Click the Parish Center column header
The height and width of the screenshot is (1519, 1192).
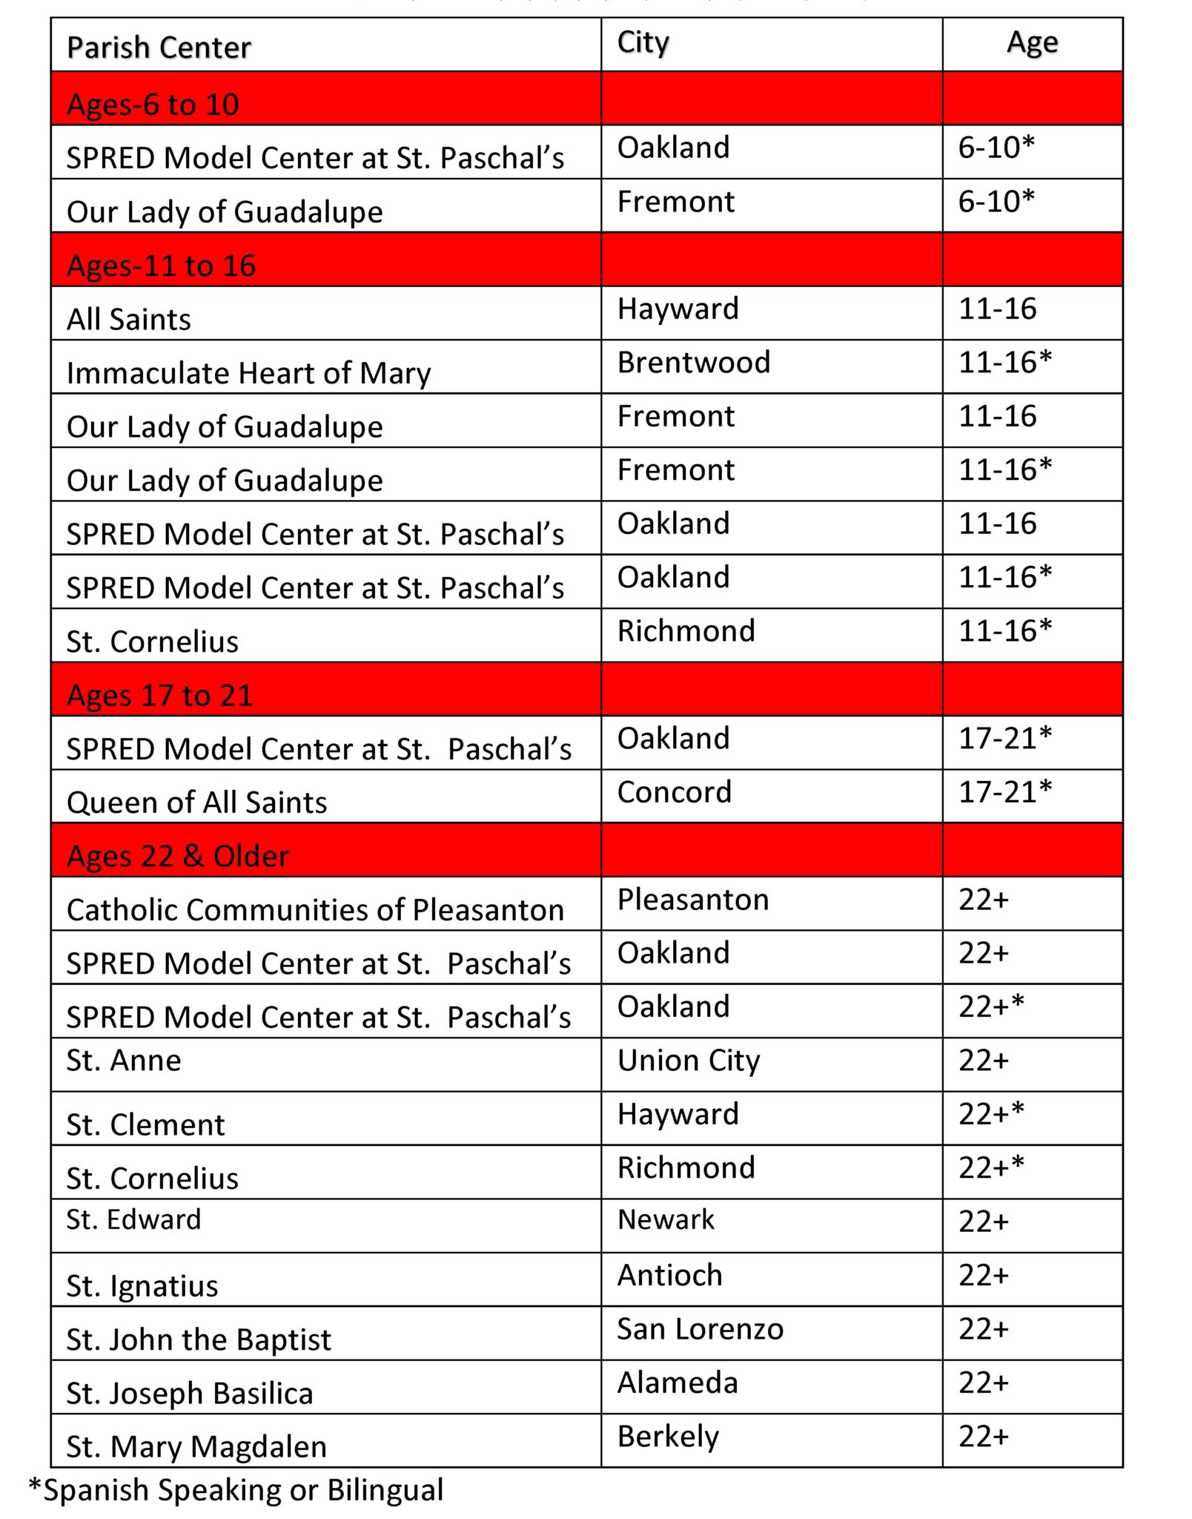coord(159,47)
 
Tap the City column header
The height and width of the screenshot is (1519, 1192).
coord(643,43)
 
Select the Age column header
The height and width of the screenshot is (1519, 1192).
coord(1032,43)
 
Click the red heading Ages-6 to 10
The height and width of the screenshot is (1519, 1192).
coord(153,105)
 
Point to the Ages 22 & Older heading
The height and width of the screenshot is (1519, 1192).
coord(178,856)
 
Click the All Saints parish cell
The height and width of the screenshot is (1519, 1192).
coord(129,320)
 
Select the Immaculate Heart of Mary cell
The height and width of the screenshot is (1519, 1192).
coord(248,373)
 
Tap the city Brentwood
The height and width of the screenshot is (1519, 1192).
coord(694,363)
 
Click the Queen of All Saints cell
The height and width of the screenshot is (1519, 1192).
coord(196,803)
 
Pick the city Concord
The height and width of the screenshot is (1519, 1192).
coord(675,792)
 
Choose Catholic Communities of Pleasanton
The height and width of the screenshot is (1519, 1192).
coord(315,910)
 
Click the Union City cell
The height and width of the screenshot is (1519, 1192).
coord(689,1061)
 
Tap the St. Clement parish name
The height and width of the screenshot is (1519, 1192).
coord(145,1125)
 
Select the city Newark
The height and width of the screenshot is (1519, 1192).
coord(666,1220)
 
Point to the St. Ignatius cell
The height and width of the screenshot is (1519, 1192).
coord(142,1286)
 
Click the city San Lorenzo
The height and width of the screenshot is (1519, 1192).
coord(700,1329)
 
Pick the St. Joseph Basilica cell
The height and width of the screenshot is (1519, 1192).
coord(190,1394)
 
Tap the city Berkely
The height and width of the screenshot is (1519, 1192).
coord(668,1437)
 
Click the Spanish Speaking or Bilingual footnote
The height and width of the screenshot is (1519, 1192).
coord(236,1490)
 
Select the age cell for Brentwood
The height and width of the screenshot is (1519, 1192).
coord(1005,363)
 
